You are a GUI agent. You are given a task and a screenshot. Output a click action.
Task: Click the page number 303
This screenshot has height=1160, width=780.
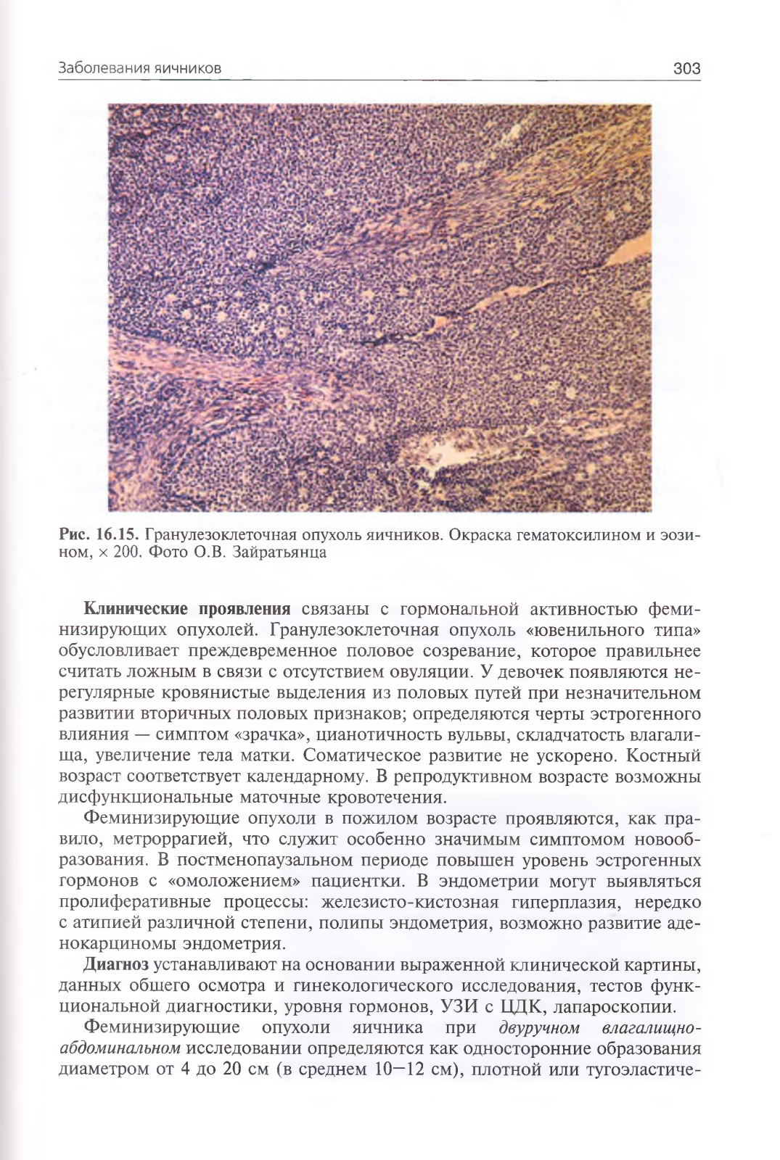(x=686, y=69)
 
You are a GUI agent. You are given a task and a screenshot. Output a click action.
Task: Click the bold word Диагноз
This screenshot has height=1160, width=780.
(x=117, y=964)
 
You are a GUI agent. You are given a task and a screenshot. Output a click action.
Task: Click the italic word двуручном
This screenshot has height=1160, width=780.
(x=541, y=1028)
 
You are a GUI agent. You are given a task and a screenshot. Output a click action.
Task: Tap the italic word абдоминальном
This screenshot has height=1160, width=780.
(x=119, y=1049)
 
